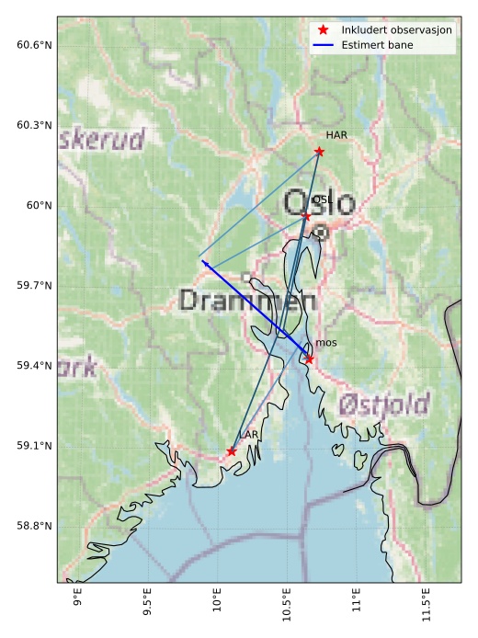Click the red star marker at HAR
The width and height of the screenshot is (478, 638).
click(319, 151)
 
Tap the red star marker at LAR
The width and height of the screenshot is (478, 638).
click(231, 451)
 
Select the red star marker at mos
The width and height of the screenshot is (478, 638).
click(310, 359)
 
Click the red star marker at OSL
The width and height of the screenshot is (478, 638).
click(306, 216)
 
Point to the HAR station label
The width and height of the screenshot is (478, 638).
click(336, 135)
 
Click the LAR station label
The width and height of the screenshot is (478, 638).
click(248, 435)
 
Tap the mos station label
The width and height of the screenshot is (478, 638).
click(325, 343)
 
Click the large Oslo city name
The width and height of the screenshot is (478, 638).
click(318, 201)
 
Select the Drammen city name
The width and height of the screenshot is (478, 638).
click(248, 301)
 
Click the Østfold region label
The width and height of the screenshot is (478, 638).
click(384, 404)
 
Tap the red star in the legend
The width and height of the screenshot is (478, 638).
click(323, 29)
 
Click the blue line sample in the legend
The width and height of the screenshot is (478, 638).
click(323, 44)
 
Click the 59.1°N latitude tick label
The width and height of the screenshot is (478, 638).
click(34, 446)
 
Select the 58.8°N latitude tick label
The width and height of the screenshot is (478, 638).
click(34, 526)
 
